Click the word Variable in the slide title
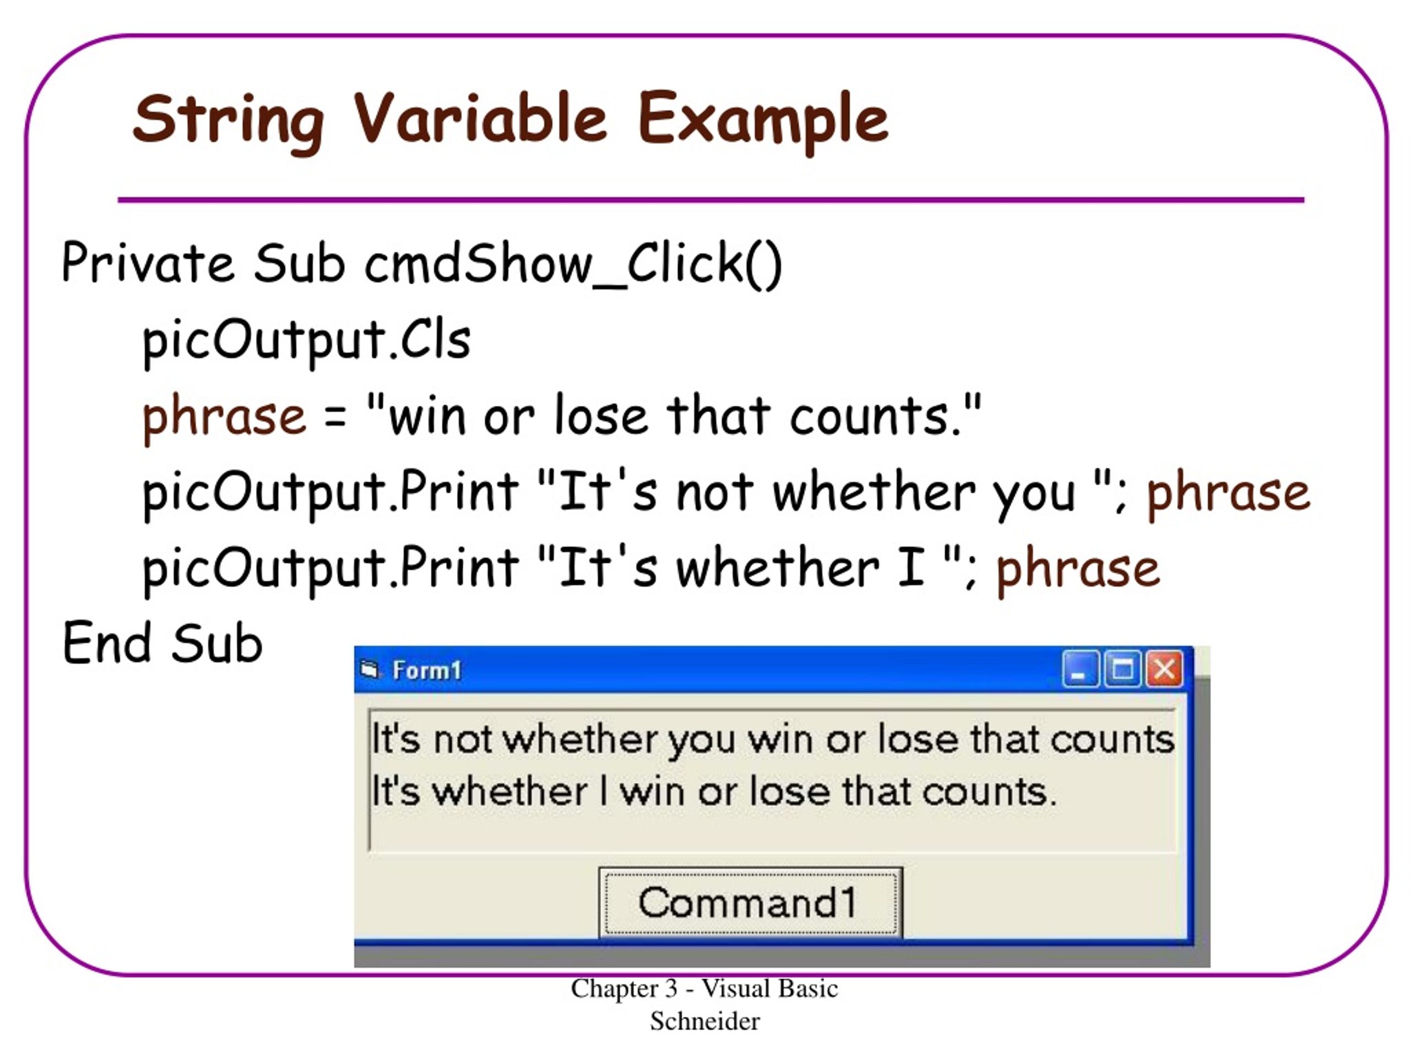(x=479, y=118)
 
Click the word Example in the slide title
(x=762, y=118)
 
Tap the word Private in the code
(x=147, y=263)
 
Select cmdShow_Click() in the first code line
(x=572, y=263)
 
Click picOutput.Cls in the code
(x=306, y=340)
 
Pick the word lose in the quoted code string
(x=601, y=416)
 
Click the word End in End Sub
(x=106, y=644)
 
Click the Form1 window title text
(x=426, y=671)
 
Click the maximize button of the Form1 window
(x=1122, y=669)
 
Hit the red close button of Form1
(x=1164, y=669)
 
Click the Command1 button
(x=750, y=902)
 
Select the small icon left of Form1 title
(x=370, y=669)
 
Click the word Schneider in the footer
(x=704, y=1021)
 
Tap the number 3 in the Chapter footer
(x=671, y=988)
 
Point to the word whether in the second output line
(x=509, y=792)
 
